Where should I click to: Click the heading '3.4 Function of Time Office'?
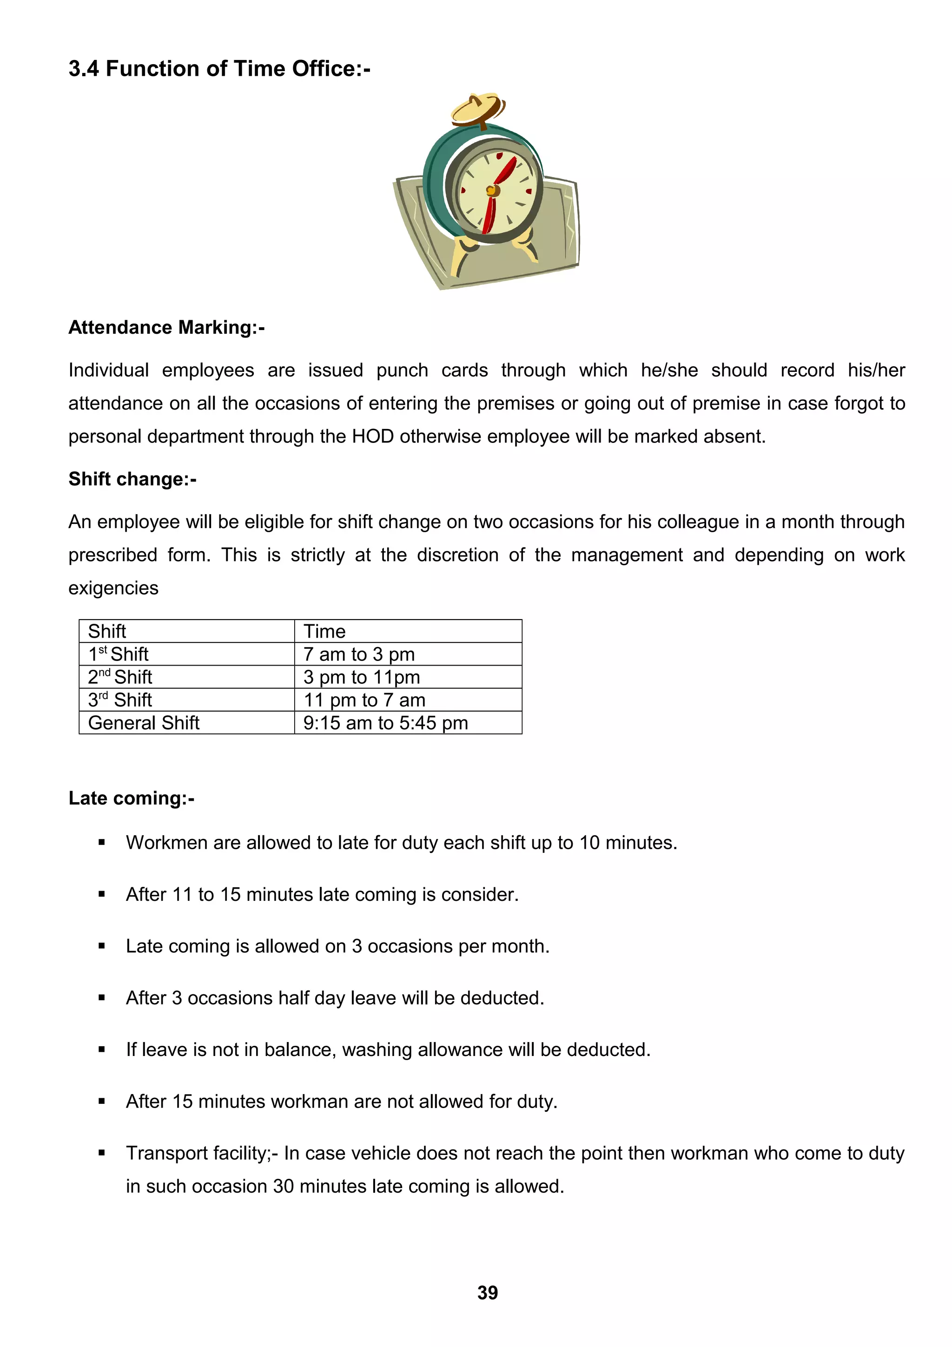[219, 69]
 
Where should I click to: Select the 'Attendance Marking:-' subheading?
[166, 327]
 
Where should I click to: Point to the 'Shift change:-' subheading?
[132, 479]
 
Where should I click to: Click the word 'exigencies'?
[113, 588]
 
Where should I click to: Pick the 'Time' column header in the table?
[324, 631]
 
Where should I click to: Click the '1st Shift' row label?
[119, 654]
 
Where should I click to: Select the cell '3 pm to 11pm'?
[361, 677]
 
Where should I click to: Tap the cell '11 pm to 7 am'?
[364, 700]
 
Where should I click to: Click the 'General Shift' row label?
[144, 723]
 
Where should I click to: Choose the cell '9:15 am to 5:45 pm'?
[385, 723]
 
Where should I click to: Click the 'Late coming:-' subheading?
[132, 798]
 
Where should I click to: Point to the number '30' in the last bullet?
[283, 1186]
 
